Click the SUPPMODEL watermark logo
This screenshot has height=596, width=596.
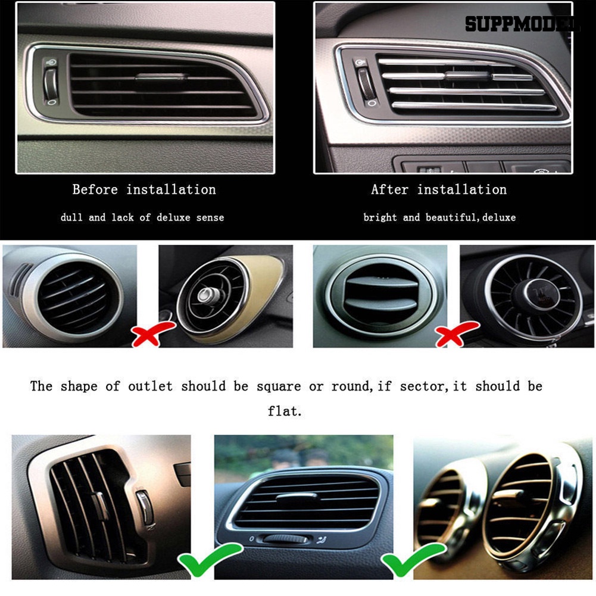(522, 24)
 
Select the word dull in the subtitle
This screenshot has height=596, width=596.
(71, 217)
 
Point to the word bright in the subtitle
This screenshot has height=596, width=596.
(380, 217)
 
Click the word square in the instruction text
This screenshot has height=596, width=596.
(279, 386)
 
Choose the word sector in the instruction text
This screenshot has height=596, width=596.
(422, 386)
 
